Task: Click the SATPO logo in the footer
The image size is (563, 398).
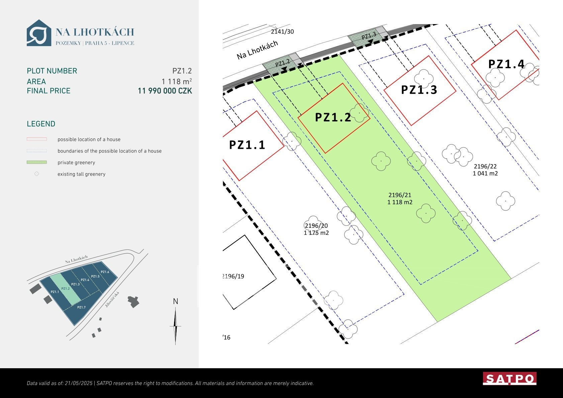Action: pyautogui.click(x=509, y=378)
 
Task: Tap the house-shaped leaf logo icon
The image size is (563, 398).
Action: pyautogui.click(x=39, y=33)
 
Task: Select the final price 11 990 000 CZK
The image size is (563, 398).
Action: pyautogui.click(x=165, y=91)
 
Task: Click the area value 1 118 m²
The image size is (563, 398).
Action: pyautogui.click(x=177, y=81)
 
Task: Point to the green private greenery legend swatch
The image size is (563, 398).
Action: pyautogui.click(x=37, y=162)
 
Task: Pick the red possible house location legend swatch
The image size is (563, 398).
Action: pyautogui.click(x=37, y=139)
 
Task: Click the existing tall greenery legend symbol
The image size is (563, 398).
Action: pyautogui.click(x=37, y=174)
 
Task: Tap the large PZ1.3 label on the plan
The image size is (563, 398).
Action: pyautogui.click(x=419, y=90)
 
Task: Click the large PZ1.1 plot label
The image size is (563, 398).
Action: pyautogui.click(x=247, y=145)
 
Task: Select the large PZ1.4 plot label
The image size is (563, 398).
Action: pyautogui.click(x=506, y=64)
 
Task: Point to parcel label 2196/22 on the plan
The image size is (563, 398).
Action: pyautogui.click(x=485, y=166)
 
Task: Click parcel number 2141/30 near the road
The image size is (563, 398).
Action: pyautogui.click(x=282, y=32)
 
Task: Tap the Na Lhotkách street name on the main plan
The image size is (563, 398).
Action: pyautogui.click(x=257, y=50)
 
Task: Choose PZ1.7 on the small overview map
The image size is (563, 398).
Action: pyautogui.click(x=81, y=307)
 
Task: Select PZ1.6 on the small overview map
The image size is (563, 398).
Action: pyautogui.click(x=105, y=272)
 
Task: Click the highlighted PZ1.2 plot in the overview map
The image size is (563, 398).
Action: pyautogui.click(x=65, y=289)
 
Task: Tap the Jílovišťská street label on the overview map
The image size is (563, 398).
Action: pyautogui.click(x=112, y=300)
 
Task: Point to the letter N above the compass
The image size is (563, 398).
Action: pyautogui.click(x=175, y=301)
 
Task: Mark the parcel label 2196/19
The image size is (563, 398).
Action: pyautogui.click(x=233, y=276)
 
